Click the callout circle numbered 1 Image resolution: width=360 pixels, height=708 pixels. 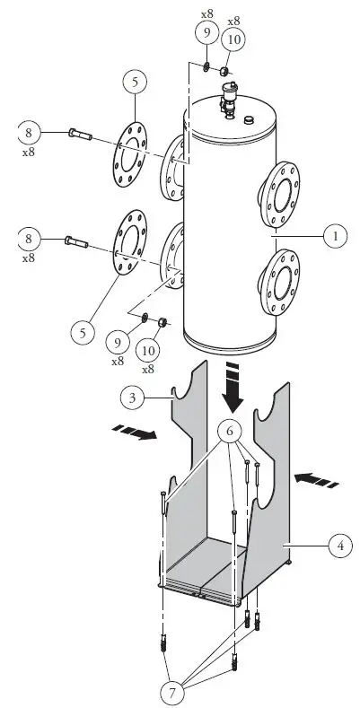click(x=336, y=237)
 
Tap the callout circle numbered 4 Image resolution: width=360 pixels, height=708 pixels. click(x=340, y=545)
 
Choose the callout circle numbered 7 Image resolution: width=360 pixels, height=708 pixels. click(x=169, y=691)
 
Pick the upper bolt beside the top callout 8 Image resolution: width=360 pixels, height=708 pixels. click(x=79, y=135)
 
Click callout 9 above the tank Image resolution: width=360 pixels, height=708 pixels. click(x=206, y=35)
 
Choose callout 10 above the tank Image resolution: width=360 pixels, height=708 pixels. click(x=233, y=41)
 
